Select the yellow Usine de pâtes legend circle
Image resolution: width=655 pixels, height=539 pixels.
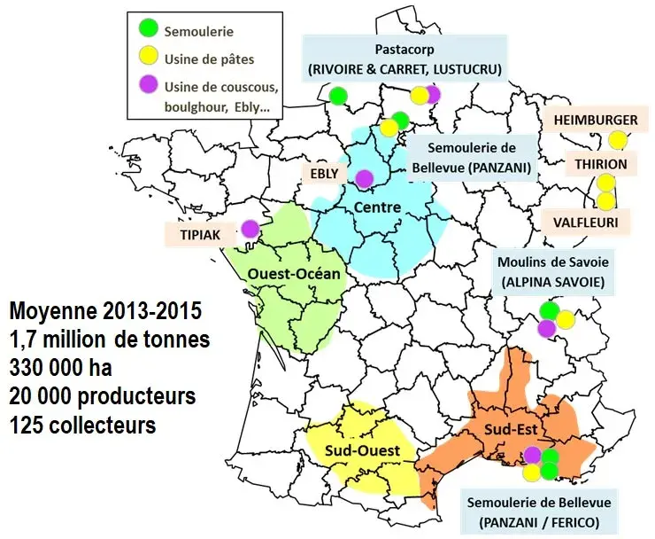coord(149,58)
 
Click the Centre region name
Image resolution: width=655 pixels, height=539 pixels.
coord(377,207)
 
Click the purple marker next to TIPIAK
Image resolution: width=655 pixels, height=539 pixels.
coord(250,229)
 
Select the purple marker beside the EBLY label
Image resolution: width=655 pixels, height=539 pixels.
coord(364,178)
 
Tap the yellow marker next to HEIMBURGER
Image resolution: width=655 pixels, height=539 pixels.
coord(618,139)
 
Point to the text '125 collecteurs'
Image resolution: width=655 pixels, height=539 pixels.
coord(82,425)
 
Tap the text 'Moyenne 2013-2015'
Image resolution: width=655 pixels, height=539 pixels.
coord(104,312)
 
